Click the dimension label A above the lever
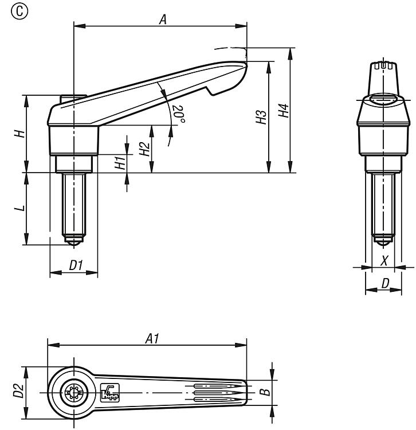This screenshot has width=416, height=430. tap(162, 19)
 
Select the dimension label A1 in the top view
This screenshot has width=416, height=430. tap(151, 339)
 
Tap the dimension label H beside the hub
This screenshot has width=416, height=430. tap(19, 134)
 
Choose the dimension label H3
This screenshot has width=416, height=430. tap(261, 118)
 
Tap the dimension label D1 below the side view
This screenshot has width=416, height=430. tap(76, 265)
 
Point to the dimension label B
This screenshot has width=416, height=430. tap(264, 393)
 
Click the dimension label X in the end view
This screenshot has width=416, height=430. tap(384, 261)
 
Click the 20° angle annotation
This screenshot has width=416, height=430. tap(179, 114)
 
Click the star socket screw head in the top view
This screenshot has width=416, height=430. tap(73, 393)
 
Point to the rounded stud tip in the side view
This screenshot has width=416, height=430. tap(73, 243)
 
